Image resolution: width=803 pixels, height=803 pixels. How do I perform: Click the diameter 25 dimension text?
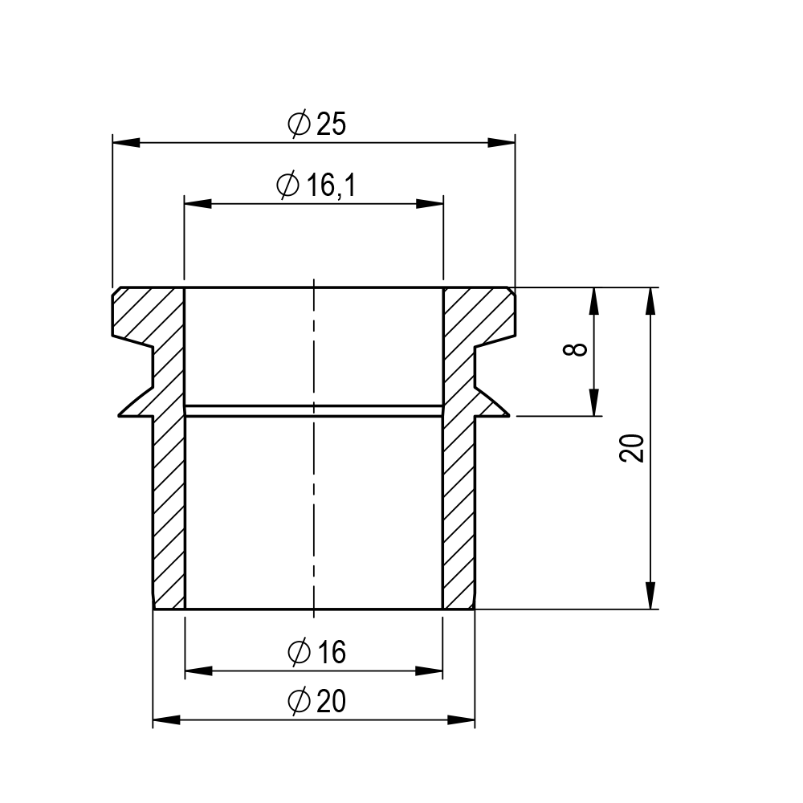coord(317,124)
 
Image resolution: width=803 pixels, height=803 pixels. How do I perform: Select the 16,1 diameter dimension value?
coord(316,185)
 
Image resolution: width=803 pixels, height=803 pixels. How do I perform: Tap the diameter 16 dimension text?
coord(317,652)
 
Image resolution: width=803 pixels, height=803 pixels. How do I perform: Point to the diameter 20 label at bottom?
coord(317,701)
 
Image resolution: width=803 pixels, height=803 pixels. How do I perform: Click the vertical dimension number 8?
coord(575,350)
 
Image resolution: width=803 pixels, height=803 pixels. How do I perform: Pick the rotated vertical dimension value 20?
coord(631,448)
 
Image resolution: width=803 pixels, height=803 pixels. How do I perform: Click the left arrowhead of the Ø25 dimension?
coord(126,142)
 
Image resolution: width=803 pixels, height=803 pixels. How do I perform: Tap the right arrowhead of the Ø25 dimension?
coord(501,142)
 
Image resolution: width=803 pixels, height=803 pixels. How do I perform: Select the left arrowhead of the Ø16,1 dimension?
coord(198,204)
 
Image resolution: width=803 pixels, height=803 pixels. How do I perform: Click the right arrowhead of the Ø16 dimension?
coord(429,671)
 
